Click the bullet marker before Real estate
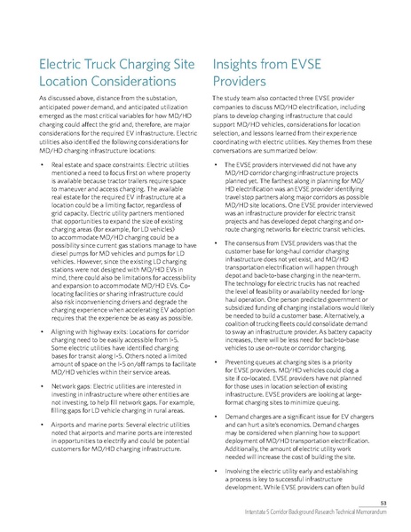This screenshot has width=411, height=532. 32,166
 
